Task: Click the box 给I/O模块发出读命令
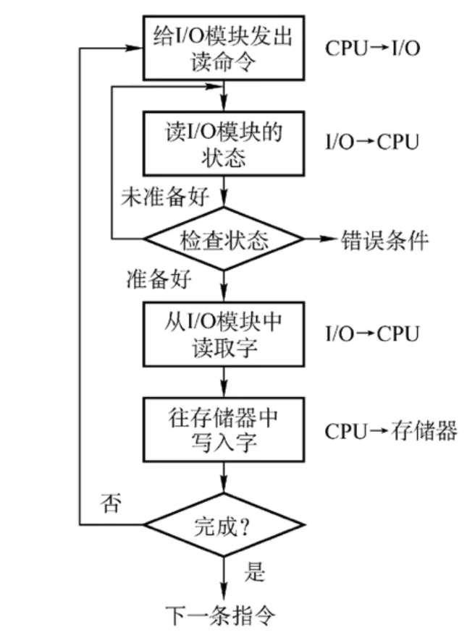[224, 48]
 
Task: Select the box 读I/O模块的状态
[224, 142]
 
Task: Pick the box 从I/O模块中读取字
[224, 333]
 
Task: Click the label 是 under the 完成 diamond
[254, 574]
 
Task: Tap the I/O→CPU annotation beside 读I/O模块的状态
[371, 142]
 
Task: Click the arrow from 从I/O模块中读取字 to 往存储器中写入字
[224, 382]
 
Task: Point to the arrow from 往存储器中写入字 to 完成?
[224, 478]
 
